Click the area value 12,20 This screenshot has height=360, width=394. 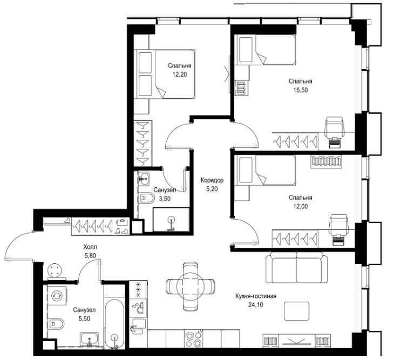(179, 74)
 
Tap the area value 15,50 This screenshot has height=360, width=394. (300, 90)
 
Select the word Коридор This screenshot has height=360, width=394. (212, 180)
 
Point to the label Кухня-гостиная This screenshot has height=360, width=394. (256, 296)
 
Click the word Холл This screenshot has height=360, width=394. (90, 247)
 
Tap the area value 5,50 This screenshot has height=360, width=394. (84, 318)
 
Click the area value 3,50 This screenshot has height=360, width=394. (165, 199)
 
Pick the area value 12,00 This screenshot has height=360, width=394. (300, 207)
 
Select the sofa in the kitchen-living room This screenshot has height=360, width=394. (297, 267)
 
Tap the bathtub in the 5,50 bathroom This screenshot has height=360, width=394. (114, 324)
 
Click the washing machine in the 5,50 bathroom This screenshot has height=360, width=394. (57, 296)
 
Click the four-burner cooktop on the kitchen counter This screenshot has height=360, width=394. (194, 339)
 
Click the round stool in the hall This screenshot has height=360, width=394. (55, 270)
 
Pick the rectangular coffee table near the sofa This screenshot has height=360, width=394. (297, 311)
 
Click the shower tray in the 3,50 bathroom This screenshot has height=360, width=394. (171, 220)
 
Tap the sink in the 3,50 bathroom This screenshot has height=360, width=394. (144, 179)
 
